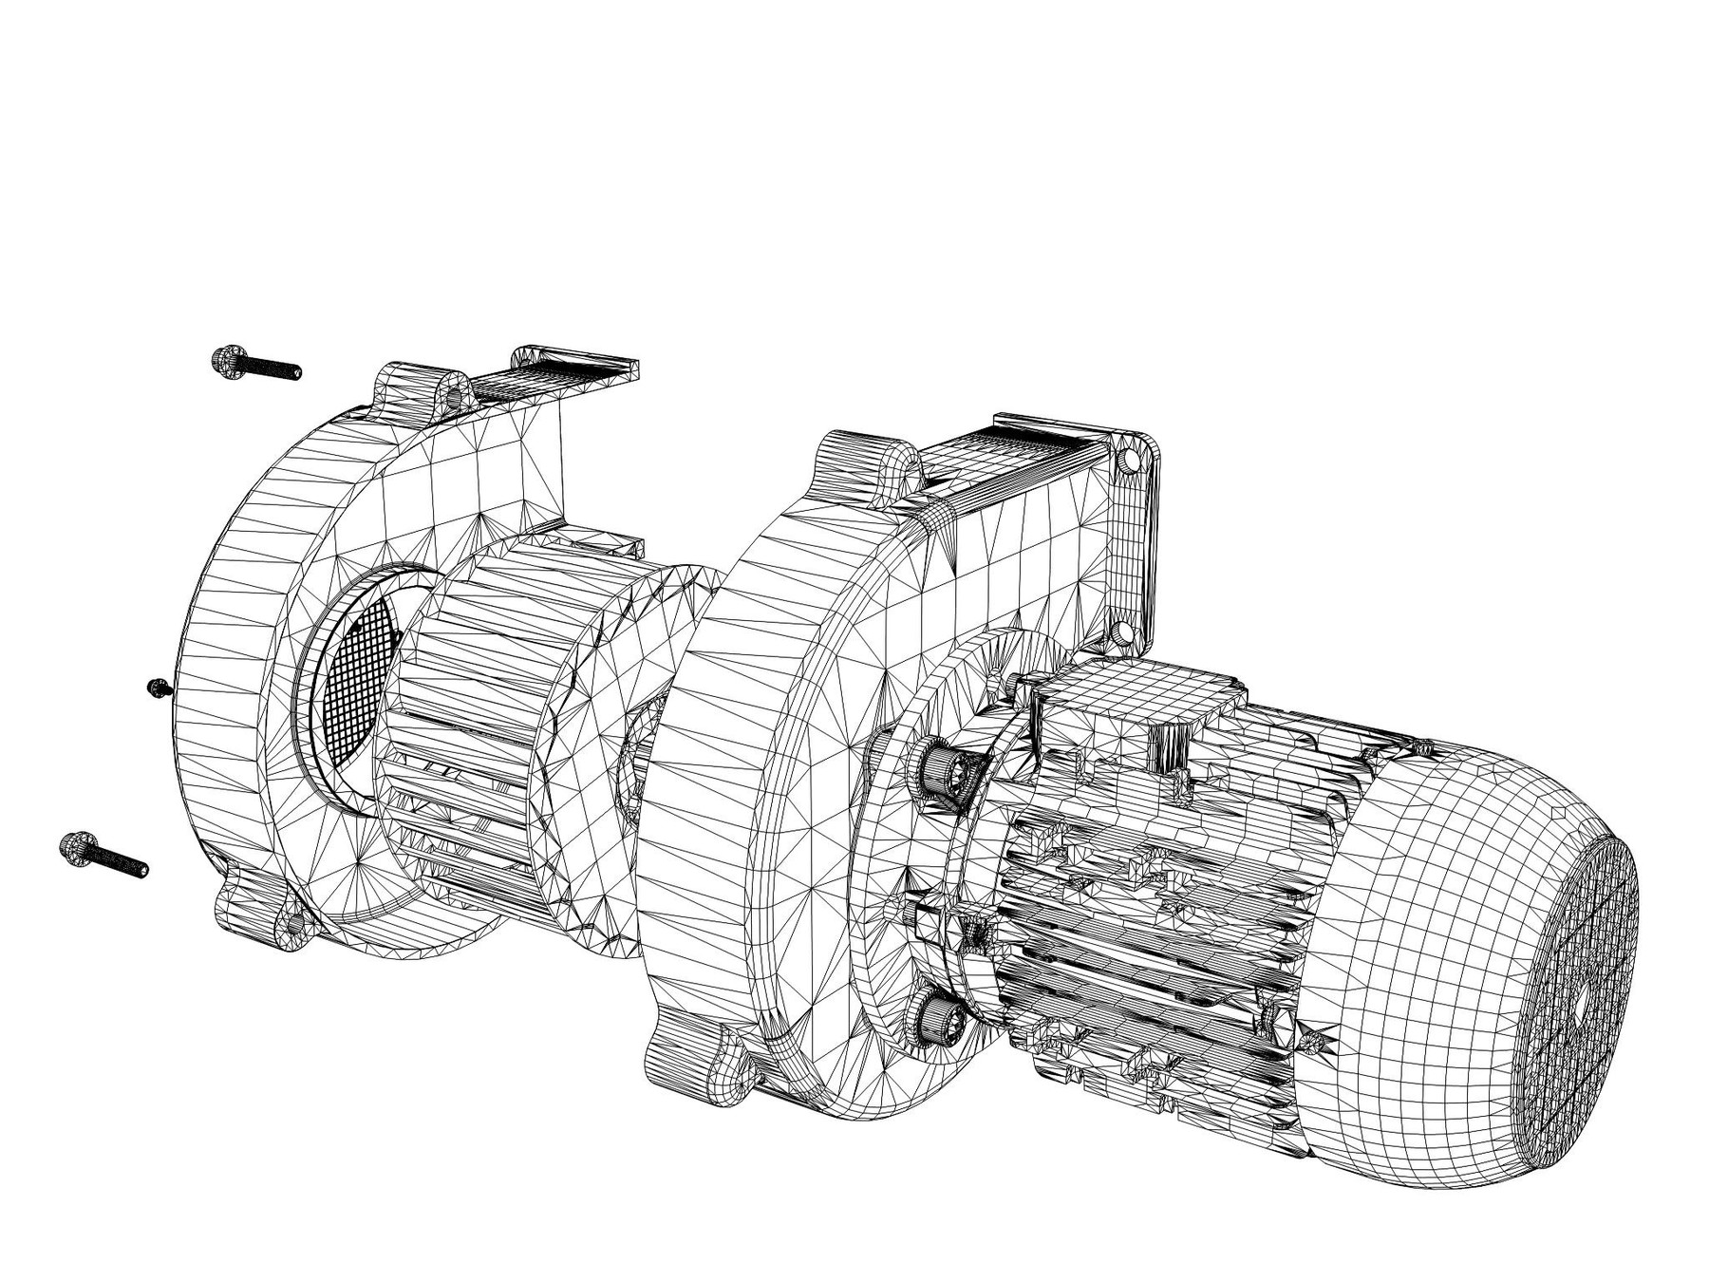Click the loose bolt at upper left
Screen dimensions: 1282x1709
[254, 364]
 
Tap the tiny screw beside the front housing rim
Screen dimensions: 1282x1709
[158, 687]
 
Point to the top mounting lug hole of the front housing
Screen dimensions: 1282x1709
[455, 393]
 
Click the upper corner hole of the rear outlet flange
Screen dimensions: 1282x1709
[1129, 462]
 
